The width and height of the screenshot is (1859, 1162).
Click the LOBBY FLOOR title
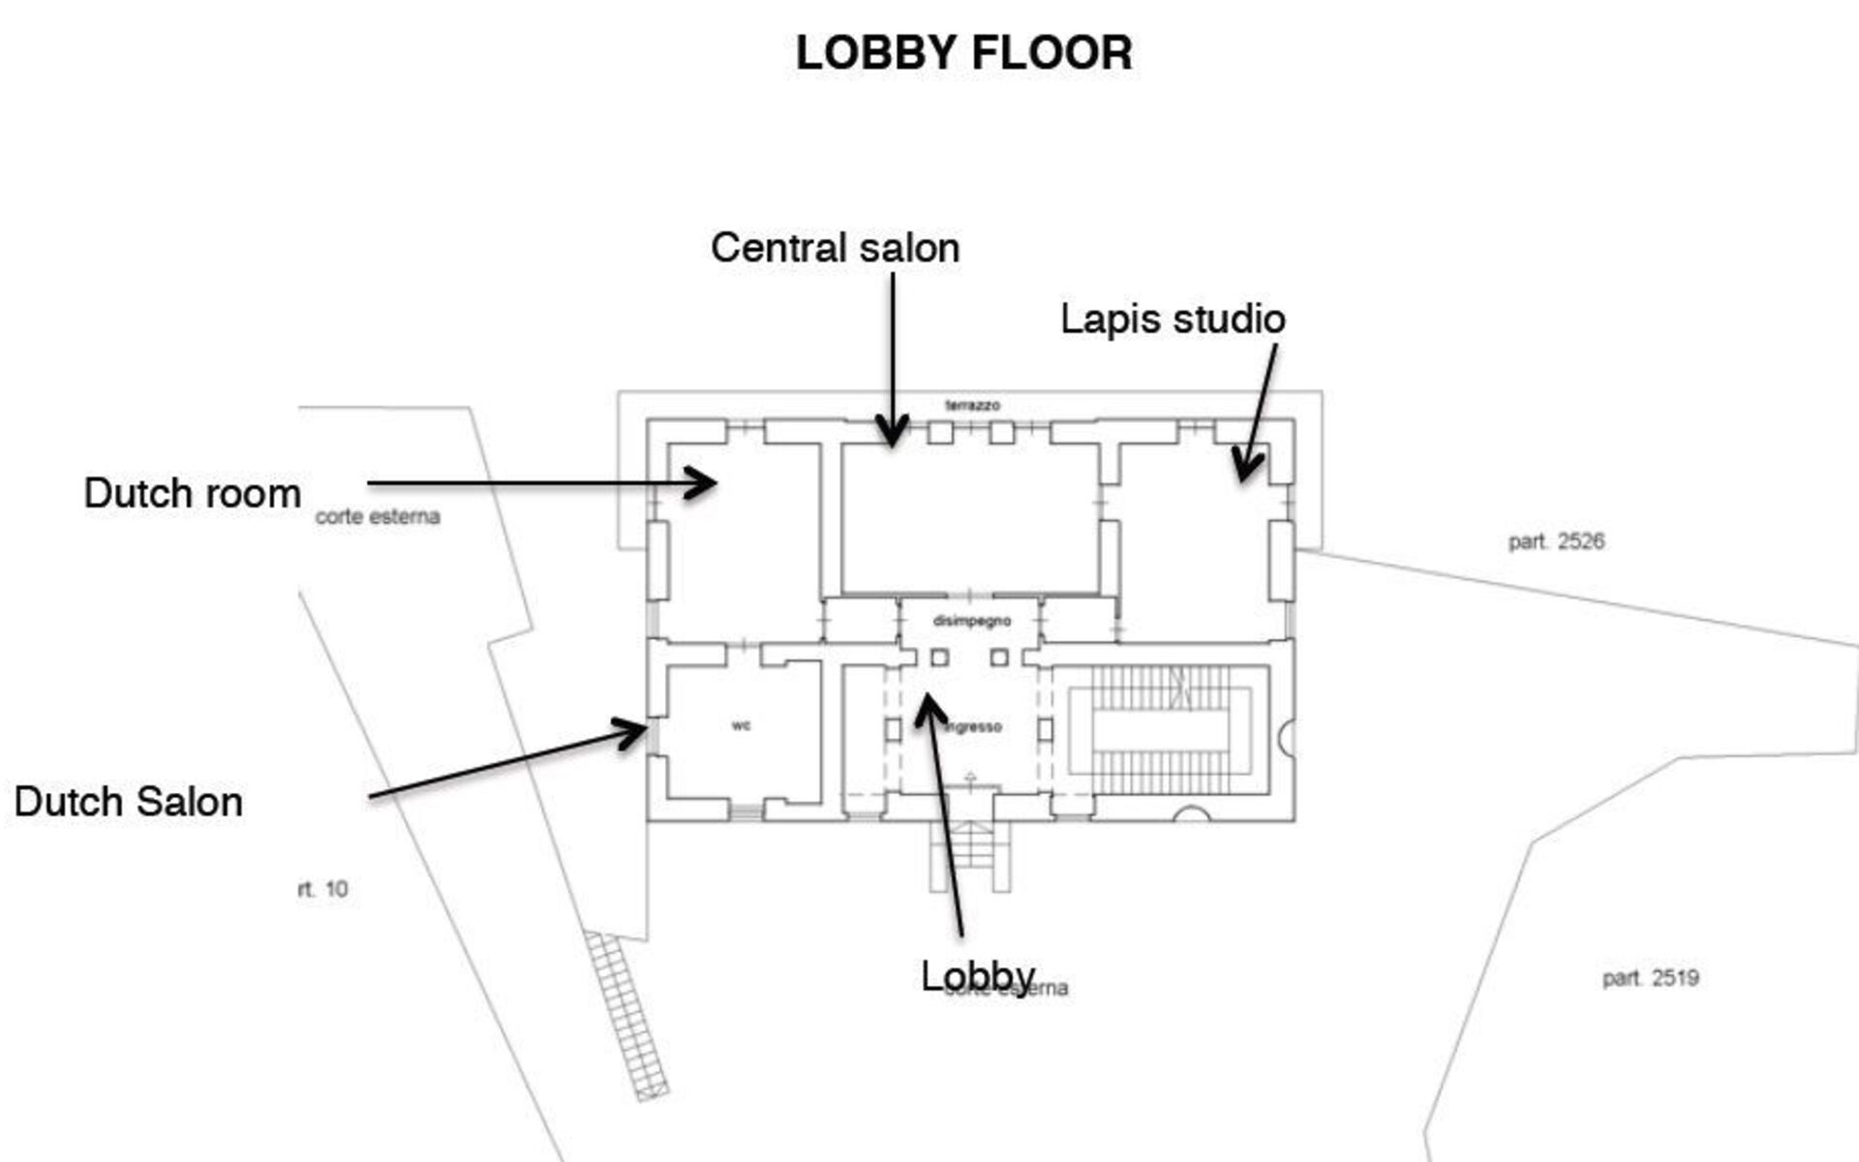pos(963,53)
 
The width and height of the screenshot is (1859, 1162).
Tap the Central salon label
pos(835,248)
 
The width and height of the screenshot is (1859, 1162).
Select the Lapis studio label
pos(1173,320)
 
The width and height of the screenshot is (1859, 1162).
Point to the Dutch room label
pos(193,494)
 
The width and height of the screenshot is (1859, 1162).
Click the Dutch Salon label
pos(129,802)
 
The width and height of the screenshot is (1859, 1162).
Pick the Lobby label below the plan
pos(978,975)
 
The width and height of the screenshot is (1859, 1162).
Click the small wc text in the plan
pos(741,725)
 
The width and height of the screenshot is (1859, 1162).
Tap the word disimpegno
pos(971,621)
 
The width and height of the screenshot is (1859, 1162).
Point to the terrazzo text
pos(972,405)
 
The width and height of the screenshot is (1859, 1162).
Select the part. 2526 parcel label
pos(1556,541)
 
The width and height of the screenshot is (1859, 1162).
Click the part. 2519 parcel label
pos(1650,978)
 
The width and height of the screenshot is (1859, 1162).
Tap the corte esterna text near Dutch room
pos(378,517)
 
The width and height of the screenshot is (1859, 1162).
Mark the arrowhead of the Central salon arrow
pos(892,436)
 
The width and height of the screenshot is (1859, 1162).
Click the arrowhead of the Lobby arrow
pos(929,704)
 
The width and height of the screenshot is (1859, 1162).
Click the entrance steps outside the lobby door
pos(970,856)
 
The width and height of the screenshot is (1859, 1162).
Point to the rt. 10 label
pos(323,889)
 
